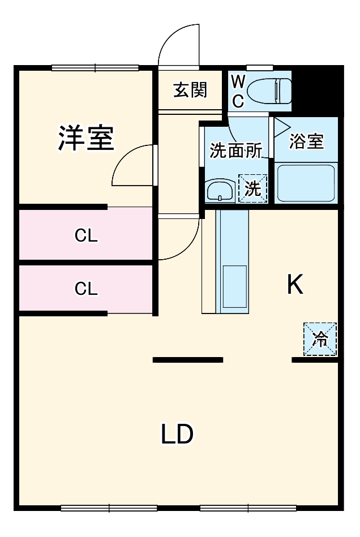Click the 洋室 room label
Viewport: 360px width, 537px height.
(86, 138)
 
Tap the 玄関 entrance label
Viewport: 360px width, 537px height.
(190, 90)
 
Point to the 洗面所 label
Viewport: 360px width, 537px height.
(235, 151)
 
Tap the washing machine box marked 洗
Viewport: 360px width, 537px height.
(252, 188)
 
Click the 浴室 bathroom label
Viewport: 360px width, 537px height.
(306, 141)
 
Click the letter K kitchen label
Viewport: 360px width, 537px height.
(295, 285)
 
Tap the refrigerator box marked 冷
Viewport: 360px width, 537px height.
(320, 340)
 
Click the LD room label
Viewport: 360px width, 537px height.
(177, 435)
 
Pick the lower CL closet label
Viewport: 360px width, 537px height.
(87, 289)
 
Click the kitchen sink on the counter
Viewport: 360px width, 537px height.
(232, 288)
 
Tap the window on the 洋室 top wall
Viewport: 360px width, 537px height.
(95, 68)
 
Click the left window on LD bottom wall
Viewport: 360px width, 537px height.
(109, 508)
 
